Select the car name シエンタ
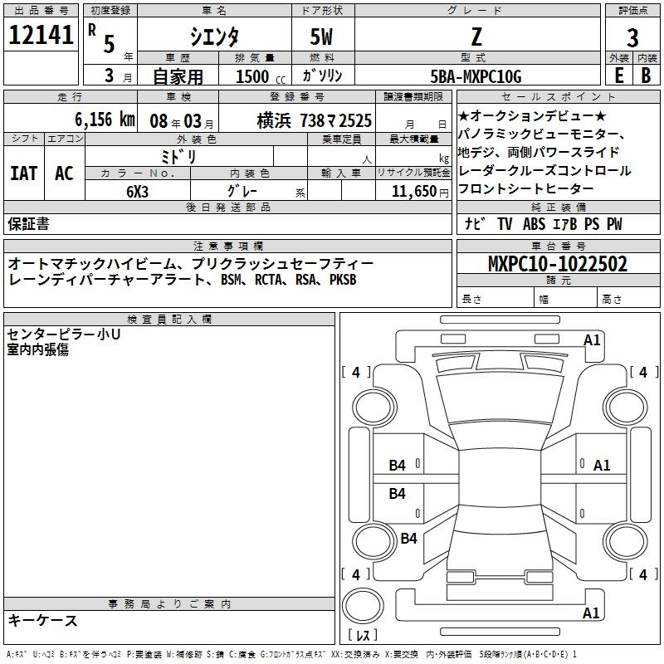point(214,37)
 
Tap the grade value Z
point(476,36)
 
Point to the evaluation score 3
point(632,38)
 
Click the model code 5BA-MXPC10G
point(476,76)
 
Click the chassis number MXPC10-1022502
point(558,264)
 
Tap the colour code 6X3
point(138,190)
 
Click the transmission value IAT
point(24,173)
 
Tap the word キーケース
point(42,620)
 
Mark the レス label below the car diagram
point(363,637)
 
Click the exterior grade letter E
point(618,76)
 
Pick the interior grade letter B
point(647,76)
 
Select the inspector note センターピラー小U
point(64,334)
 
